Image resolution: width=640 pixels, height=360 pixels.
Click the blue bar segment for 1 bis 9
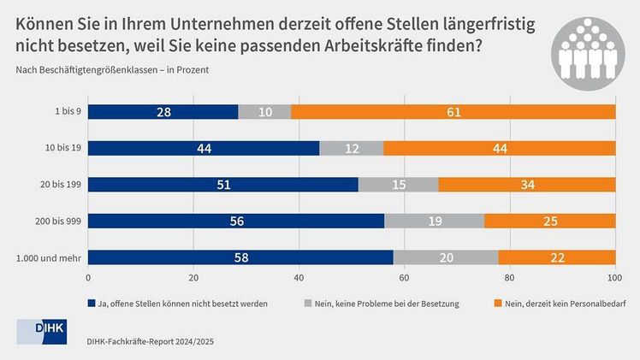pyautogui.click(x=163, y=112)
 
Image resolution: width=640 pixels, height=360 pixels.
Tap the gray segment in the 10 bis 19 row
pyautogui.click(x=352, y=148)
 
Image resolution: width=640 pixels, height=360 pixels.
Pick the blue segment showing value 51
pyautogui.click(x=222, y=185)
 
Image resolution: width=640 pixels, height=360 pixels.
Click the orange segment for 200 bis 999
pyautogui.click(x=549, y=221)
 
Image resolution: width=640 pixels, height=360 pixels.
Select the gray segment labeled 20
pyautogui.click(x=445, y=257)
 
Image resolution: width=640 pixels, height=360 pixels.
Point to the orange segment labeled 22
pyautogui.click(x=556, y=257)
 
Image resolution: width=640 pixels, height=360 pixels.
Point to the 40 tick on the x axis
pyautogui.click(x=299, y=278)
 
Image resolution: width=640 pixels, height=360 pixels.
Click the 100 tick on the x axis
pyautogui.click(x=614, y=278)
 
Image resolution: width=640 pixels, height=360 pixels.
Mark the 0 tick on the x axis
pyautogui.click(x=88, y=278)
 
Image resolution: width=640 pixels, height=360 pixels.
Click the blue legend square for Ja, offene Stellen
pyautogui.click(x=92, y=302)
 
